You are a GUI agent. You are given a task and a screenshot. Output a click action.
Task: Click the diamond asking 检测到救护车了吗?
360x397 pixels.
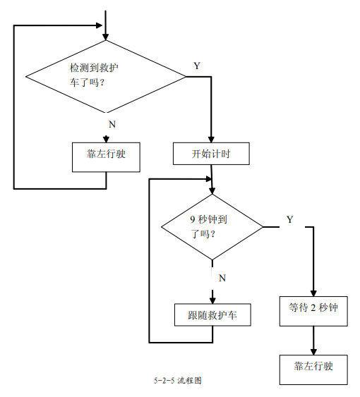106,76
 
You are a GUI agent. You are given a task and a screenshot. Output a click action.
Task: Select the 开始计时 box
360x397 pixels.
211,154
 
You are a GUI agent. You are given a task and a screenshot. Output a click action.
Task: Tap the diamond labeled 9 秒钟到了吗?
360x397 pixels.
212,227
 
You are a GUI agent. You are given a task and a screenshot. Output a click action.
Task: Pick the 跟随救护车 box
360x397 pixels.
212,314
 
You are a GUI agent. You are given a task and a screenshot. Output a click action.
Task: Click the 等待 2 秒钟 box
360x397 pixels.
313,311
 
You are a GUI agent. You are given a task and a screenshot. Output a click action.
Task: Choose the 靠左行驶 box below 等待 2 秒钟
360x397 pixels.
313,370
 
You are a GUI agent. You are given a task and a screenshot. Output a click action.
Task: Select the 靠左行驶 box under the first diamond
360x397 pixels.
106,157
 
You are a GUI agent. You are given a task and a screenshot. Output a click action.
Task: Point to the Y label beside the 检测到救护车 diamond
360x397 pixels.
197,66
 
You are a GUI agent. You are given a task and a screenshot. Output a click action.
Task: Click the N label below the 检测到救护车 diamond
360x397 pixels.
112,124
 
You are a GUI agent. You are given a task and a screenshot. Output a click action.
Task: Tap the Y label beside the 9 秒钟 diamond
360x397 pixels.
290,219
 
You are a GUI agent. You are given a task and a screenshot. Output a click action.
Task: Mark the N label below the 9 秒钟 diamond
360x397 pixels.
222,278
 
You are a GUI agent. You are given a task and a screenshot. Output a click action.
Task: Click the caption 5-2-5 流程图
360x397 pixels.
178,380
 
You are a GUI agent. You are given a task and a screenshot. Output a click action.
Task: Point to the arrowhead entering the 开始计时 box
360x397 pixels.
211,139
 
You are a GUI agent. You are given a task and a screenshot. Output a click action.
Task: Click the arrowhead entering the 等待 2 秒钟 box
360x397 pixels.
313,293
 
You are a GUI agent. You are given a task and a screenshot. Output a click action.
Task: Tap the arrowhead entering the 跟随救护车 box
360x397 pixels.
212,300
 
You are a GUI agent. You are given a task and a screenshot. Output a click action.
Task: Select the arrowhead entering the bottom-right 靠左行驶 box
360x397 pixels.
313,352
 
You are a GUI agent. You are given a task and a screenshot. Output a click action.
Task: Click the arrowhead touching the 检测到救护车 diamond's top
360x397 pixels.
106,37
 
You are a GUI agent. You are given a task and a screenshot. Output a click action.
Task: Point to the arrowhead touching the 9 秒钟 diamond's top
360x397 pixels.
212,191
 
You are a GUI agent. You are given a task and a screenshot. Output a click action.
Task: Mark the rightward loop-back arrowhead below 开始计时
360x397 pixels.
208,179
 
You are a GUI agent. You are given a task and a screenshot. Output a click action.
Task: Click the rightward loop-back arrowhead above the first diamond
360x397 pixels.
99,25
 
